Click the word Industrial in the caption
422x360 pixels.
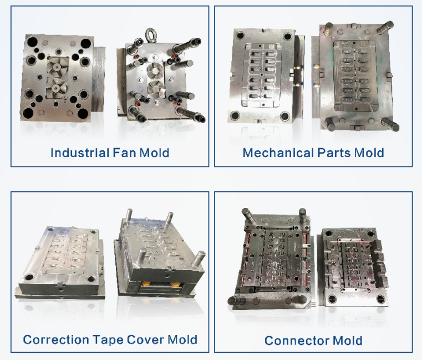tap(80, 153)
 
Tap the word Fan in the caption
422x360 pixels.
tap(124, 153)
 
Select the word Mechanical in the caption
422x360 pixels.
tap(278, 153)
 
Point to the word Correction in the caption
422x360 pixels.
tap(55, 339)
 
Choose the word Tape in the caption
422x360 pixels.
tap(108, 340)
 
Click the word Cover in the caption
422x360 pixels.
tap(145, 339)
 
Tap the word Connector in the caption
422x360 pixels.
tap(297, 341)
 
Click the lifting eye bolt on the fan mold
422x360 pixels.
tap(150, 35)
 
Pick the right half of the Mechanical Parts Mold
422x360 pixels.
tap(355, 77)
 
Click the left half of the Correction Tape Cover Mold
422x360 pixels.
tap(60, 263)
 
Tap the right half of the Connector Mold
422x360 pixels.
tap(353, 267)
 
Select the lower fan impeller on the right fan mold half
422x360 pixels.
tap(156, 88)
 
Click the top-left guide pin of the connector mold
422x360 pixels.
tap(248, 216)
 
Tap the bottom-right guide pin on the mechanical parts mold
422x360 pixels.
tap(390, 124)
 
